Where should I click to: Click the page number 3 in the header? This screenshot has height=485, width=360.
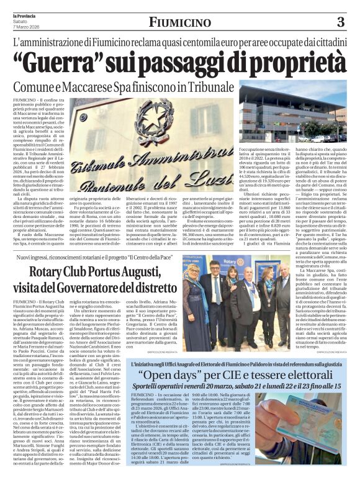click(340, 23)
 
